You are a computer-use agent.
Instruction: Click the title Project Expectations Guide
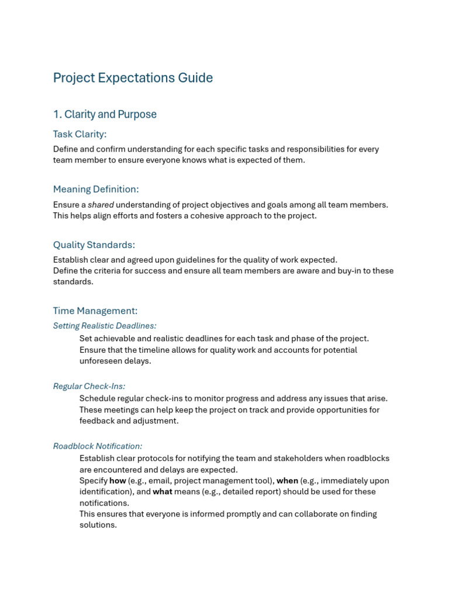pyautogui.click(x=133, y=78)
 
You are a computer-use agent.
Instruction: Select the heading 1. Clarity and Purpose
pyautogui.click(x=105, y=114)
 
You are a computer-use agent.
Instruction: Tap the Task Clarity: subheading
pyautogui.click(x=80, y=134)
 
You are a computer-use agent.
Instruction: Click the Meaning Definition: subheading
pyautogui.click(x=96, y=189)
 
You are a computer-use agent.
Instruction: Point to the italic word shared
pyautogui.click(x=101, y=205)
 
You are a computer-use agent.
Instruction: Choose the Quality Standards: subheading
pyautogui.click(x=94, y=245)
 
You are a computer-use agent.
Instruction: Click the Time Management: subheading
pyautogui.click(x=95, y=311)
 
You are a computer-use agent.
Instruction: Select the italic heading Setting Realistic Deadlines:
pyautogui.click(x=105, y=326)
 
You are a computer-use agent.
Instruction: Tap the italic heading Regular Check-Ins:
pyautogui.click(x=89, y=386)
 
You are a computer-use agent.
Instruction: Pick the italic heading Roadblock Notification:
pyautogui.click(x=98, y=446)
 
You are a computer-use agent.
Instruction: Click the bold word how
pyautogui.click(x=118, y=481)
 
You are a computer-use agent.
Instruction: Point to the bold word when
pyautogui.click(x=287, y=481)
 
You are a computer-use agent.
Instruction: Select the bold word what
pyautogui.click(x=163, y=492)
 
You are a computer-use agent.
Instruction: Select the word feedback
pyautogui.click(x=97, y=421)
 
